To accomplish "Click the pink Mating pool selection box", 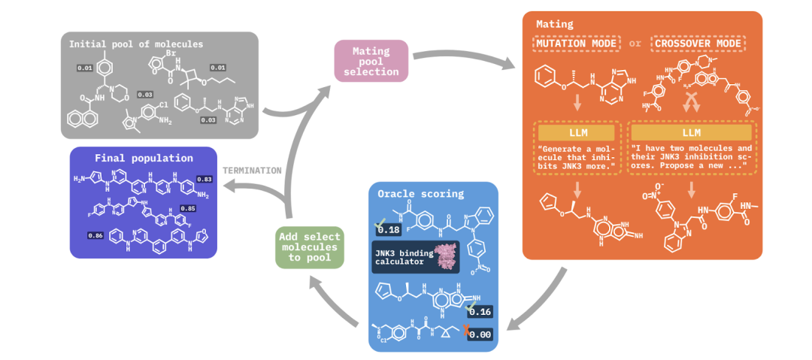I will pyautogui.click(x=371, y=61).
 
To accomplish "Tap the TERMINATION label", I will pyautogui.click(x=252, y=170).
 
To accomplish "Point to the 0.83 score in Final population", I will pyautogui.click(x=204, y=179).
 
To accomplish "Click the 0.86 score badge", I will pyautogui.click(x=97, y=235).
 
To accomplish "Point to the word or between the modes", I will pyautogui.click(x=635, y=43).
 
